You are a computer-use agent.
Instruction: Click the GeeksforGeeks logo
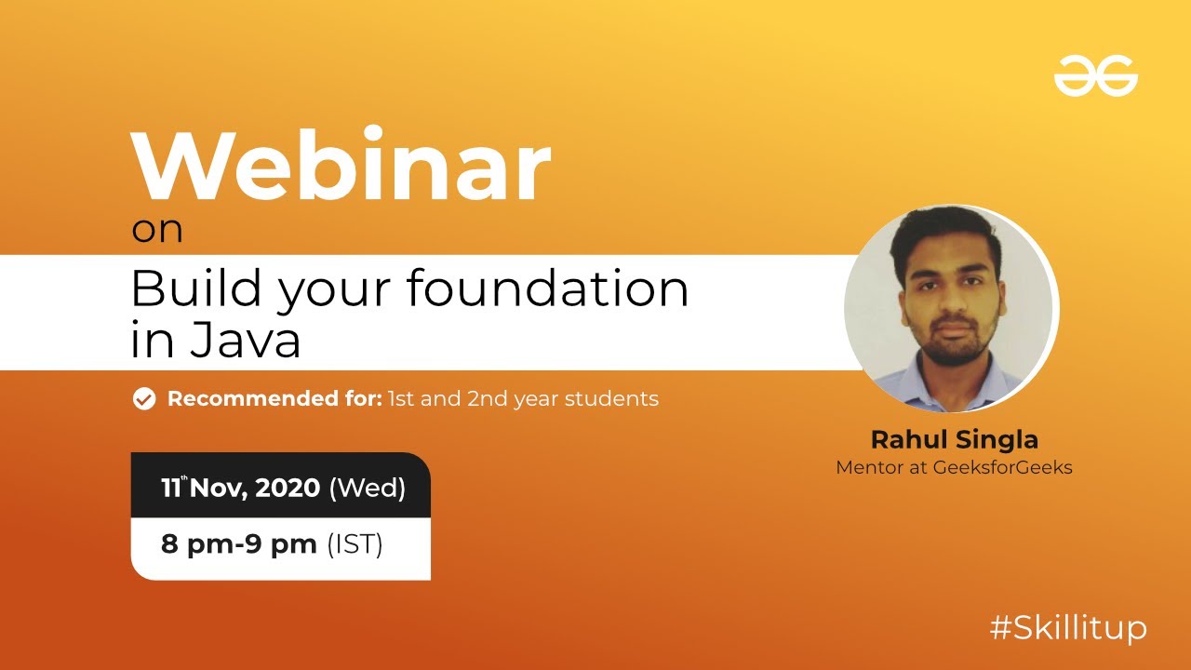pos(1095,74)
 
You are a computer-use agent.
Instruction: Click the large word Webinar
pos(341,168)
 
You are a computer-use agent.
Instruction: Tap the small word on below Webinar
pos(156,230)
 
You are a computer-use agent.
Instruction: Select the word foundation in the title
pos(547,288)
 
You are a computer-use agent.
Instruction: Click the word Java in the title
pos(245,341)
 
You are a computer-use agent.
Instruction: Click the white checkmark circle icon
pos(143,399)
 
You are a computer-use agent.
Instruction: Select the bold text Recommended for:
pos(274,399)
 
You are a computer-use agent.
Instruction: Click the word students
pos(611,399)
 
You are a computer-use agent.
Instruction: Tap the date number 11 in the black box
pos(170,488)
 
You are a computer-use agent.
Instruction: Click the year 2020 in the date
pos(288,488)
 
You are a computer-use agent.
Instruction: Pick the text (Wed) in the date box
pos(368,488)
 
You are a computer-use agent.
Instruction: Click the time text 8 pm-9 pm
pos(238,543)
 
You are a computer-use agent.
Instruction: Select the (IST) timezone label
pos(355,543)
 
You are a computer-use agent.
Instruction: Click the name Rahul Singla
pos(954,439)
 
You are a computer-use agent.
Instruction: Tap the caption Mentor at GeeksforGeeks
pos(954,467)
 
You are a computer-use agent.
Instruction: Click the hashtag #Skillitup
pos(1067,628)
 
